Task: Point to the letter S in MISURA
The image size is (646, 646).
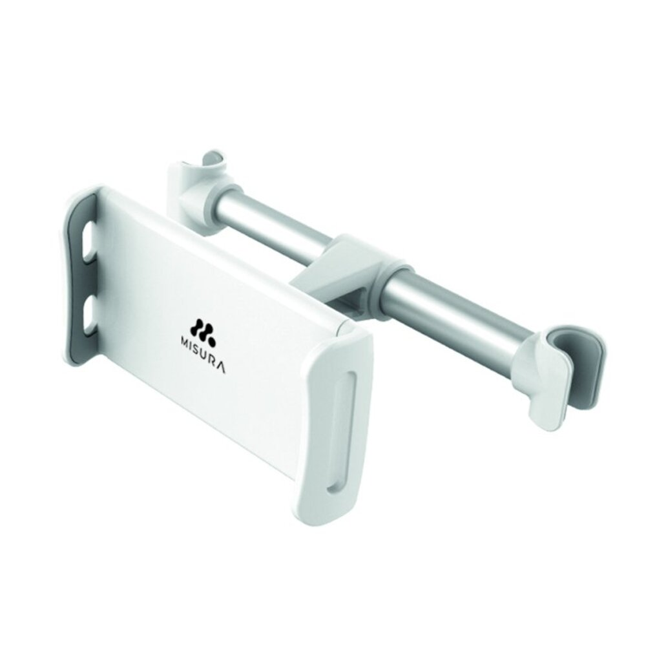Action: click(198, 348)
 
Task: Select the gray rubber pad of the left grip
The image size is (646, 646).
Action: click(80, 280)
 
